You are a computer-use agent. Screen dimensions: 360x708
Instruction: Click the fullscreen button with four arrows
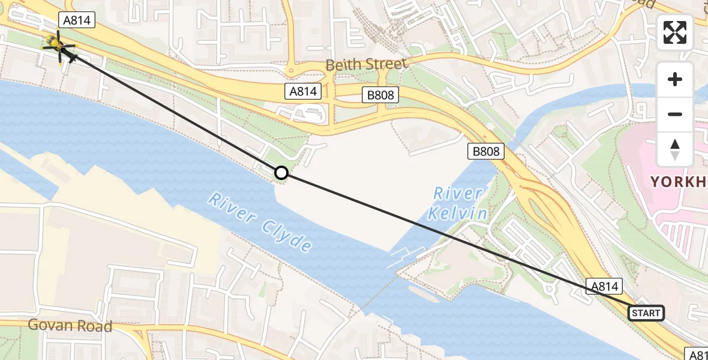(675, 32)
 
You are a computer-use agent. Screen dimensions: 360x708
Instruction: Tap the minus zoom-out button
(675, 114)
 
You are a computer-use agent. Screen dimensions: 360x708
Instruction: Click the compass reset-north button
(675, 149)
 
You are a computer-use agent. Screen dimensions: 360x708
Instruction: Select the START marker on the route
(646, 313)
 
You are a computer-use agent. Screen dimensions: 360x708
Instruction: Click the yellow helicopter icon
(58, 43)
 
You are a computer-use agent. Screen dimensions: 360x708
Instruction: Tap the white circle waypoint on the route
(281, 173)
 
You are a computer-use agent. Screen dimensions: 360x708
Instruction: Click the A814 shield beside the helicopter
(76, 20)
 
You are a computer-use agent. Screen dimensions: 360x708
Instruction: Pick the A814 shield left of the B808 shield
(302, 91)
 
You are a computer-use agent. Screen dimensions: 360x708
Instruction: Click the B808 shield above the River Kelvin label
(486, 151)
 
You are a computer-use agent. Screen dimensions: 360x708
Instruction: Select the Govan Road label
(71, 326)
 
